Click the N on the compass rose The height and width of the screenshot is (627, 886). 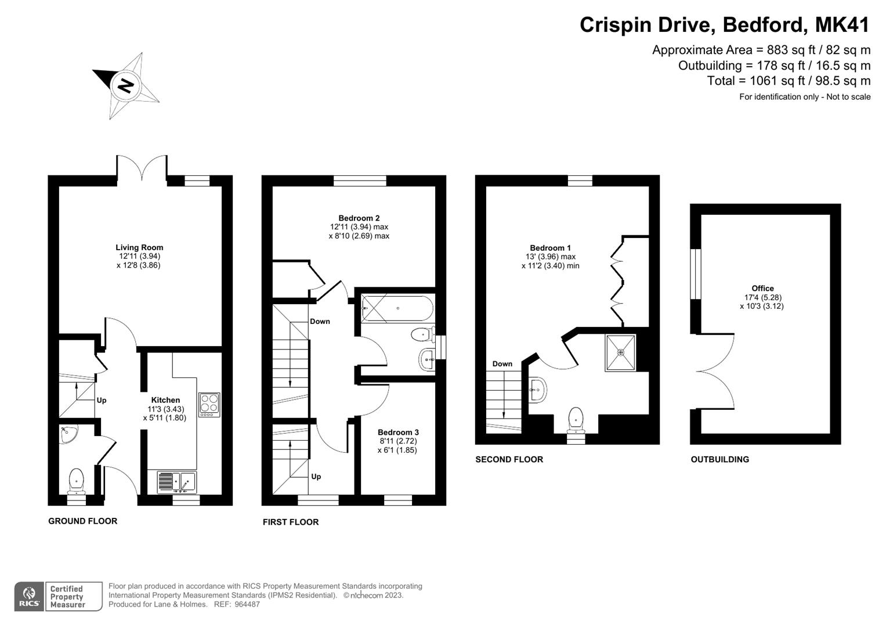pyautogui.click(x=126, y=86)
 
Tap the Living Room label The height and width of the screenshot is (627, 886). pyautogui.click(x=139, y=247)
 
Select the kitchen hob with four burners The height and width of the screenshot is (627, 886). pyautogui.click(x=209, y=405)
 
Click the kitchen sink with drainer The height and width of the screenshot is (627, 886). pyautogui.click(x=177, y=482)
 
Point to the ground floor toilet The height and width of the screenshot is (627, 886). pyautogui.click(x=76, y=481)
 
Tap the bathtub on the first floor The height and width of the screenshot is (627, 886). pyautogui.click(x=397, y=308)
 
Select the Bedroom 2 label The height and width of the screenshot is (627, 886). pyautogui.click(x=359, y=218)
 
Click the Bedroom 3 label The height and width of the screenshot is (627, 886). pyautogui.click(x=398, y=433)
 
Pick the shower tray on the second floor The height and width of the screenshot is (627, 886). pyautogui.click(x=620, y=353)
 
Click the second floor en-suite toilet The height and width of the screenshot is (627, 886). pyautogui.click(x=576, y=421)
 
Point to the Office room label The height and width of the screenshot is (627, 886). pyautogui.click(x=762, y=288)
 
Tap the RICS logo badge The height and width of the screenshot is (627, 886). pyautogui.click(x=29, y=596)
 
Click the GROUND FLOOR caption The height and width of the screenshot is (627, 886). pyautogui.click(x=82, y=521)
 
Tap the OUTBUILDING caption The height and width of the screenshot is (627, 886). pyautogui.click(x=720, y=459)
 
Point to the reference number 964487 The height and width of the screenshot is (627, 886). pyautogui.click(x=247, y=604)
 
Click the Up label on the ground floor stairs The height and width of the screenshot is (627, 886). pyautogui.click(x=102, y=400)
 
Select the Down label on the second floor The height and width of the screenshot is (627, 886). pyautogui.click(x=502, y=364)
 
